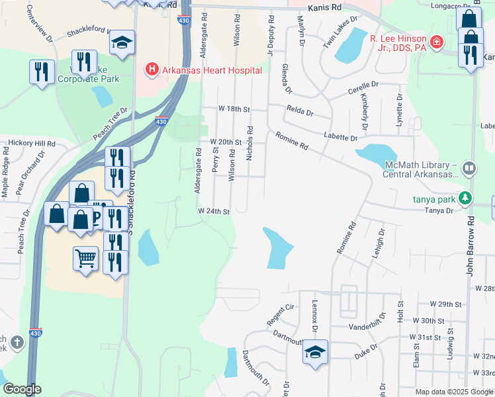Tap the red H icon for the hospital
pos(152,69)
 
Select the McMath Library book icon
pos(469,169)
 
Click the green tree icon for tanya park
pos(466,198)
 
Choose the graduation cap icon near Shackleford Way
pos(122,42)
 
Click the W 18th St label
pos(236,109)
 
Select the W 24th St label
pos(213,212)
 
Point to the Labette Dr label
pos(341,138)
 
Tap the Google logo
pos(22,389)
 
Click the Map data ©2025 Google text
pos(453,392)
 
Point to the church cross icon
pos(17,342)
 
